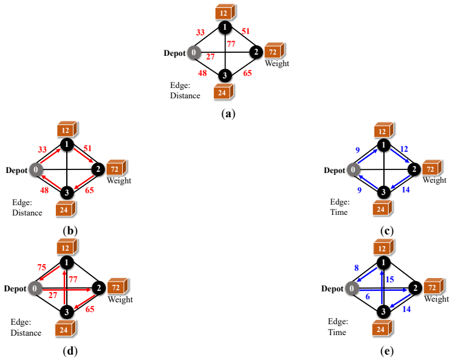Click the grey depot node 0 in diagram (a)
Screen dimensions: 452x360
[x=194, y=52]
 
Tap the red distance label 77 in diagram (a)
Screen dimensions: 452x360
[x=231, y=44]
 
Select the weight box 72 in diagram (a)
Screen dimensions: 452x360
[x=275, y=50]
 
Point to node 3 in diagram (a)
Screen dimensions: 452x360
[x=225, y=75]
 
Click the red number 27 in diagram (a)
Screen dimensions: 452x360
[x=210, y=56]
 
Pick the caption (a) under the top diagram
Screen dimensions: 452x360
[x=228, y=114]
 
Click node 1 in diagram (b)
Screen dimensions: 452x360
[x=67, y=144]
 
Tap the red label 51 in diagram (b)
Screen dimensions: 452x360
[x=87, y=148]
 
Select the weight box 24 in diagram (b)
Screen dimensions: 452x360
[x=66, y=209]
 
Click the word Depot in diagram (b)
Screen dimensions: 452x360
[x=16, y=170]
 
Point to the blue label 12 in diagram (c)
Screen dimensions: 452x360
[x=404, y=149]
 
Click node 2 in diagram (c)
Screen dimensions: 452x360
[x=414, y=169]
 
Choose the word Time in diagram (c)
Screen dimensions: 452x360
[x=339, y=212]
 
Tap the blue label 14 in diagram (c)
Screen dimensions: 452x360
[x=406, y=189]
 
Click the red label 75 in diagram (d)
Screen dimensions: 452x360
[x=42, y=267]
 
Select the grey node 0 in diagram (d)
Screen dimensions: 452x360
[x=35, y=288]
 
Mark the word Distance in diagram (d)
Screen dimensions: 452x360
[x=26, y=333]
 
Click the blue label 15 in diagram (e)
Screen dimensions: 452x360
[x=390, y=279]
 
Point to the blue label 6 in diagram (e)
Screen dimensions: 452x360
[x=368, y=297]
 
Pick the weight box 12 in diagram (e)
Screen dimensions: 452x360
[x=384, y=248]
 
